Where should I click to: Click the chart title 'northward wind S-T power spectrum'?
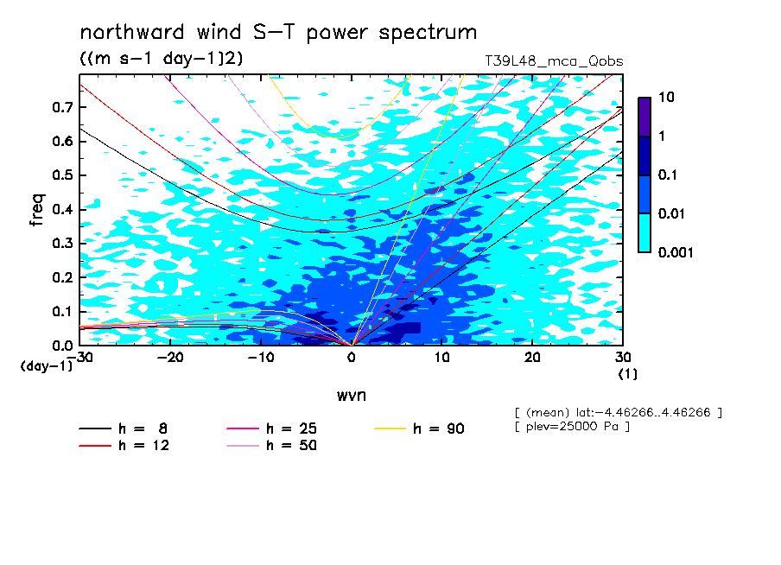278,33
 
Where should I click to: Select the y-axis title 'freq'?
37,210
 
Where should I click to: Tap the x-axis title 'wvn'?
352,396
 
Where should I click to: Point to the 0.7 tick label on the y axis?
62,107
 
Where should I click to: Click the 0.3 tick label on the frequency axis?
62,243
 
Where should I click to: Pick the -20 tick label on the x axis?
170,358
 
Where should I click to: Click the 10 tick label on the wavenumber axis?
441,358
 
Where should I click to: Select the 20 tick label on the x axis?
532,358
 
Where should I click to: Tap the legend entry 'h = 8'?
124,429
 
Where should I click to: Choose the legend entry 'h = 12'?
124,445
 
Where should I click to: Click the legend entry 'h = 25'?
272,429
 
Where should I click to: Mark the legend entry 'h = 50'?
272,445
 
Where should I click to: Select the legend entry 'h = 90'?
419,429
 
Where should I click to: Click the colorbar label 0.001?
676,252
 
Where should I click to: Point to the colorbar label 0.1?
668,175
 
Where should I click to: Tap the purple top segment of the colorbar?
644,117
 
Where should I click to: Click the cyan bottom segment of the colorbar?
644,233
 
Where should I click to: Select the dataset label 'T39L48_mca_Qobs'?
554,61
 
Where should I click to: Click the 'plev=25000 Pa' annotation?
572,427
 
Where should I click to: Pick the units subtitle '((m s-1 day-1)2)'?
162,59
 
